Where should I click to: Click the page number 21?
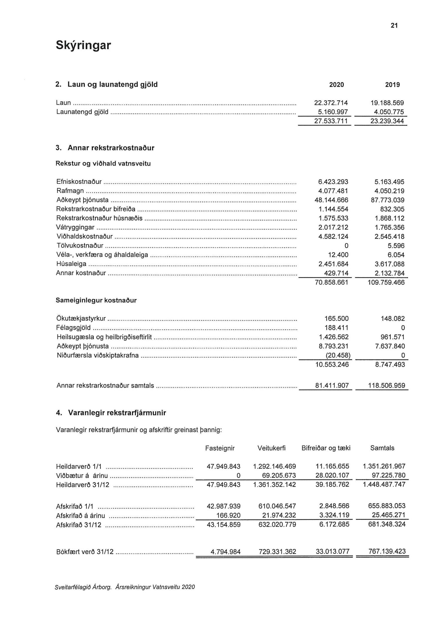394,26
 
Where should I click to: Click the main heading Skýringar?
83,45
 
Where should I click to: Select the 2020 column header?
336,85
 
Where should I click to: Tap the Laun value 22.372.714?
331,103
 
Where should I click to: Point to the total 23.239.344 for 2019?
387,121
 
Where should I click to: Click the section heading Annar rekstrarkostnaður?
111,148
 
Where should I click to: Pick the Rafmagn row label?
70,191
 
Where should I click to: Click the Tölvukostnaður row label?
80,246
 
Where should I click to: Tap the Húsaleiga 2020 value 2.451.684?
333,264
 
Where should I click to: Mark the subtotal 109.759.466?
386,283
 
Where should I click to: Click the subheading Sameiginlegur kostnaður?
96,301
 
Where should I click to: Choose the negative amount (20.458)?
338,356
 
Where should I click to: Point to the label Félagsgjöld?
73,328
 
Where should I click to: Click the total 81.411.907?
332,386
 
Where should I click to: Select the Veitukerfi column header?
271,448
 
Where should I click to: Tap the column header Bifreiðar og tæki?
326,448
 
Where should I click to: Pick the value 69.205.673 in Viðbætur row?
279,475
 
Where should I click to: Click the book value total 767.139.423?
387,551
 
